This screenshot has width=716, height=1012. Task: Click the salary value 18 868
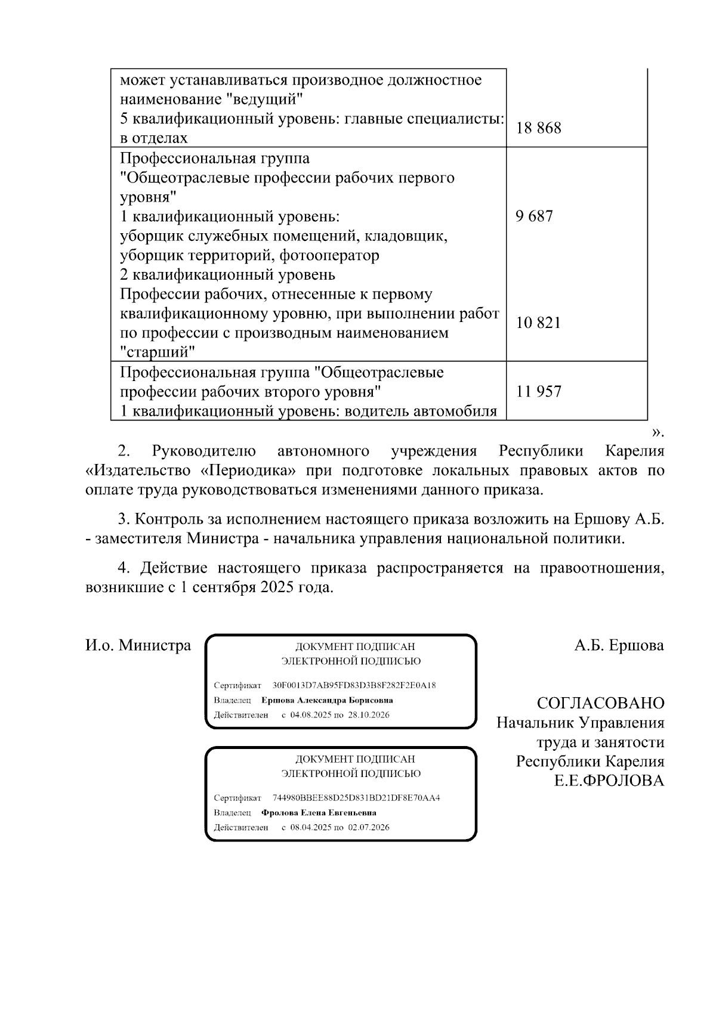(538, 128)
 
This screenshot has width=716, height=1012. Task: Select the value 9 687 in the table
(535, 216)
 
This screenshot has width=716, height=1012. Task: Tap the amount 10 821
(538, 323)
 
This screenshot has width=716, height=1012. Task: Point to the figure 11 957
(538, 392)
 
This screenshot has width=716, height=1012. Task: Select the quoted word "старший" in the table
(158, 352)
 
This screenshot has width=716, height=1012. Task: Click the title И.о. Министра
(138, 645)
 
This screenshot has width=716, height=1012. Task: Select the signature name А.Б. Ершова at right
(619, 645)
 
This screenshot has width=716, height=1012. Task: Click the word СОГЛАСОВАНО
(600, 703)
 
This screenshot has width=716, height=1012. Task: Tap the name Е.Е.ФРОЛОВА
(609, 781)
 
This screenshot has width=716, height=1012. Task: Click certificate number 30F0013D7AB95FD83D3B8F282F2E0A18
(354, 685)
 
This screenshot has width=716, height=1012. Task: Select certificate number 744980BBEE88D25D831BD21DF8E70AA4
(356, 798)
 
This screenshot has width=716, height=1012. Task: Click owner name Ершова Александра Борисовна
(327, 700)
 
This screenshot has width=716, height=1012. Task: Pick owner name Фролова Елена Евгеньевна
(319, 813)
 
